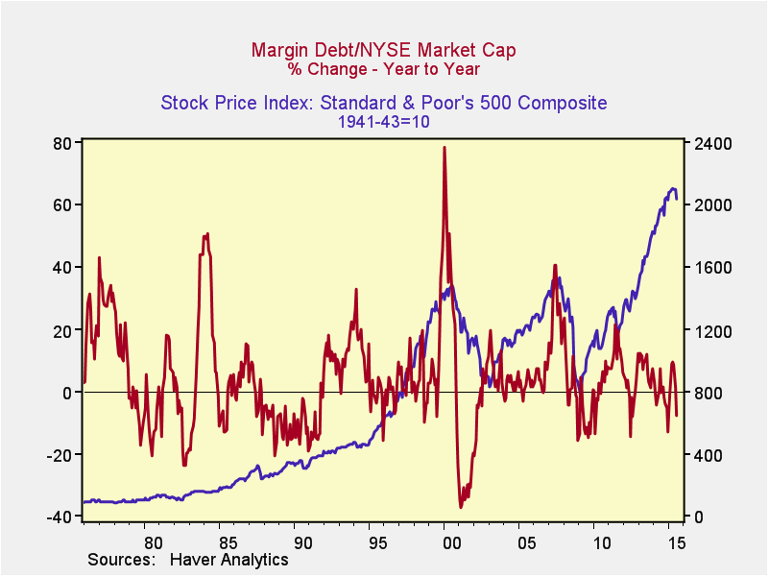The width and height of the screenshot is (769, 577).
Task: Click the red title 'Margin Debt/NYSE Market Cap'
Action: [x=384, y=49]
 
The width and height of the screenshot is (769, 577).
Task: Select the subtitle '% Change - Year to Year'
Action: [x=384, y=68]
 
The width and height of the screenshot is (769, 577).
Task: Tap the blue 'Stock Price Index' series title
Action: [x=384, y=103]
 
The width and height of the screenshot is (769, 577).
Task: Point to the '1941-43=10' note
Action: [x=384, y=122]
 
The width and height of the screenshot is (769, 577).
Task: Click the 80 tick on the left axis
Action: [x=63, y=143]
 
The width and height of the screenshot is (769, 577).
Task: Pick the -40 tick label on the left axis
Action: [x=60, y=517]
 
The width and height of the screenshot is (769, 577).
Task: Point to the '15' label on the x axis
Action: [x=676, y=542]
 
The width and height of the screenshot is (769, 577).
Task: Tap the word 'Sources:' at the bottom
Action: [x=121, y=559]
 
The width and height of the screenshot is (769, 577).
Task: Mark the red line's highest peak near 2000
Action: [x=444, y=147]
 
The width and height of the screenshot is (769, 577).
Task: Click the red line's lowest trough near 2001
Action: [x=461, y=507]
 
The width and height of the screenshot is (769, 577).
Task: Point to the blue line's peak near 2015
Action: [x=673, y=188]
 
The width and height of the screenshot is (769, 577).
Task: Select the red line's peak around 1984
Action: [x=206, y=233]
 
